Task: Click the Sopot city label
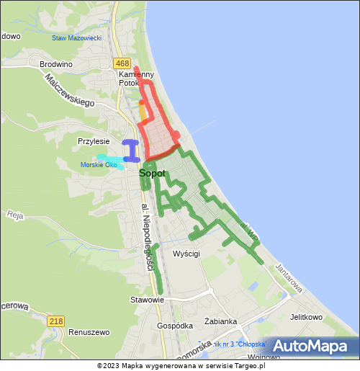(152, 173)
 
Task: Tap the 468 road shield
(122, 63)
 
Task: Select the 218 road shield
(56, 321)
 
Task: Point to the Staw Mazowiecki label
(76, 37)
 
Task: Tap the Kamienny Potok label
(137, 78)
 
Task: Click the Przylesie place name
(94, 141)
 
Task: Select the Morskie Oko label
(99, 165)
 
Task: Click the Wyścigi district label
(186, 254)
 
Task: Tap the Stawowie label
(147, 299)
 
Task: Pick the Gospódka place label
(175, 325)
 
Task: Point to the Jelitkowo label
(306, 317)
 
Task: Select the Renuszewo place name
(89, 332)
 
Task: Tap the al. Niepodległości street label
(148, 237)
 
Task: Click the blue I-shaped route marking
(130, 151)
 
